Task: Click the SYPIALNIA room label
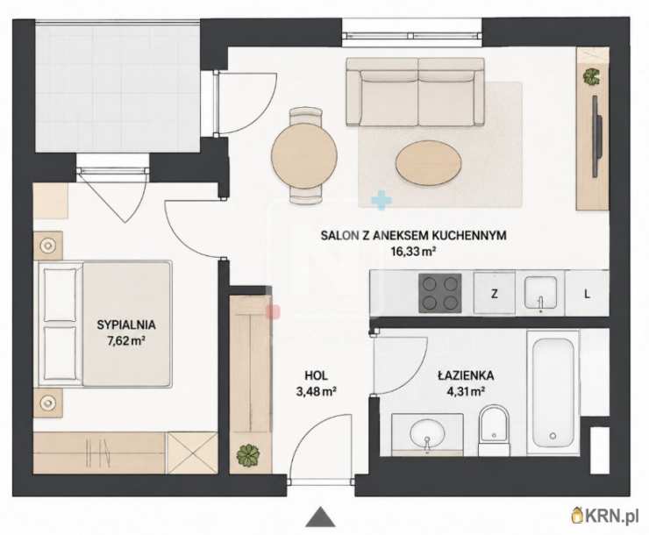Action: click(x=126, y=325)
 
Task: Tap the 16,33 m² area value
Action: click(x=414, y=251)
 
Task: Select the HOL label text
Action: click(x=316, y=375)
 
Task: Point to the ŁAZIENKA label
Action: click(x=466, y=375)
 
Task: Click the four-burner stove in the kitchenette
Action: click(x=440, y=293)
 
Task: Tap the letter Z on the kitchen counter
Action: click(x=494, y=294)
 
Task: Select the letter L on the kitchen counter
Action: click(x=587, y=294)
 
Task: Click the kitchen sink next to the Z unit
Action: click(x=540, y=293)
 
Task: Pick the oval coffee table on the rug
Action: click(x=428, y=163)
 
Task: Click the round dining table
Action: click(x=304, y=156)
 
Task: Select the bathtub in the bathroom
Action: click(x=553, y=392)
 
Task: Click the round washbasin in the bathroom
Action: click(x=427, y=433)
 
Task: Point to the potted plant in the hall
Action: click(x=248, y=455)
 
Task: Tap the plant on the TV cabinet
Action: click(x=591, y=76)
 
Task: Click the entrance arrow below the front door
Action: click(x=320, y=517)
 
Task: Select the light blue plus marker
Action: click(x=382, y=199)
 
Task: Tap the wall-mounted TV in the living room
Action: click(x=596, y=136)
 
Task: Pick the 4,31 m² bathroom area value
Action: click(x=466, y=391)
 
